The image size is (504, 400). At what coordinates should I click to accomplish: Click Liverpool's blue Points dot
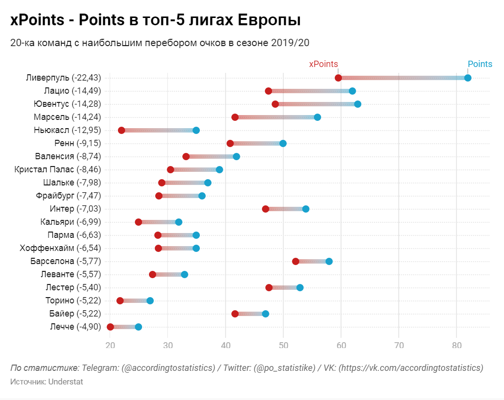pos(468,78)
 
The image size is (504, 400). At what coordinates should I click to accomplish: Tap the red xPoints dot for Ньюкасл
pos(121,130)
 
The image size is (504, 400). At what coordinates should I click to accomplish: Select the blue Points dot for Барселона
pos(329,261)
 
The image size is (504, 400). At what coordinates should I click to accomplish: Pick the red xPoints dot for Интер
pos(265,209)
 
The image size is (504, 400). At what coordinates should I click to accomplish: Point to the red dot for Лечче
pos(110,327)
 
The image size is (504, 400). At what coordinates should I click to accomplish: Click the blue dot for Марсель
pos(317,117)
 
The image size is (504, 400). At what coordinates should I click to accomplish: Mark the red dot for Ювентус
pos(275,104)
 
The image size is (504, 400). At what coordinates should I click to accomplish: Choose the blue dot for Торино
pos(150,300)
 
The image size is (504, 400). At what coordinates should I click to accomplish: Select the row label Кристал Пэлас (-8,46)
pos(58,169)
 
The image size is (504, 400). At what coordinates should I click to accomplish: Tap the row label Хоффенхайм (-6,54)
pos(60,248)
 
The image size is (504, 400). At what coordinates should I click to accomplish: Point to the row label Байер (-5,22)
pos(75,314)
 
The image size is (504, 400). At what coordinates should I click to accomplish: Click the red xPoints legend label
pos(324,64)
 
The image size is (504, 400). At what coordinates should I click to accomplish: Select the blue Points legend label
pos(480,64)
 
